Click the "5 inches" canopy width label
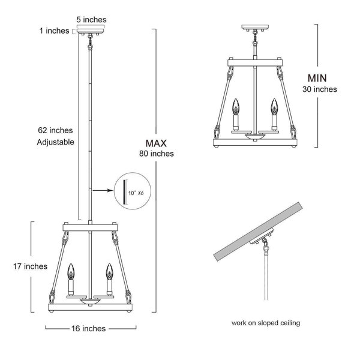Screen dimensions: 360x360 coord(91,20)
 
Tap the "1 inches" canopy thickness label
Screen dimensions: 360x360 coord(55,31)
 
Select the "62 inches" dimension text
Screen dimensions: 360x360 coord(55,130)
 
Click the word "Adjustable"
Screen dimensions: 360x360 coord(56,142)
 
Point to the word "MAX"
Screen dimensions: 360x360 coord(156,143)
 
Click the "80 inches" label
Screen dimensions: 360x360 coord(157,154)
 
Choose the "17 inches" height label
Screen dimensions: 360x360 coord(30,266)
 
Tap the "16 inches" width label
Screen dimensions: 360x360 coord(88,329)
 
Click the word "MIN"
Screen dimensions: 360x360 coord(317,78)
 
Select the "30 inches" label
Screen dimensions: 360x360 coord(320,89)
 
